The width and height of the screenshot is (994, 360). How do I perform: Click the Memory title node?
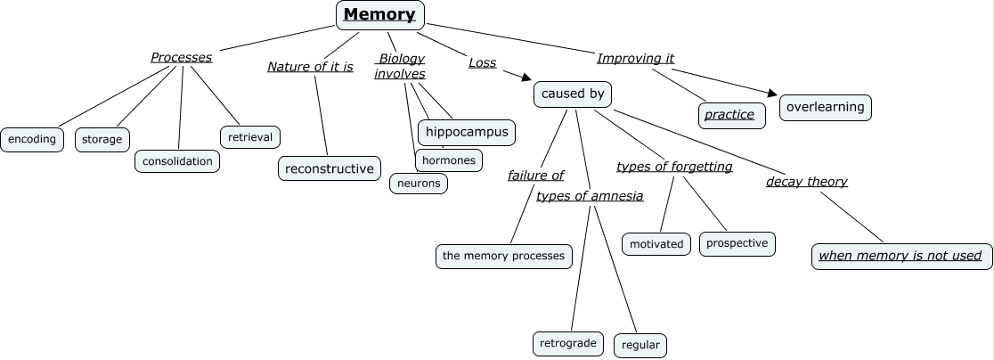(380, 14)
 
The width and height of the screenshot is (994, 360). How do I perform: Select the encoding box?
(32, 139)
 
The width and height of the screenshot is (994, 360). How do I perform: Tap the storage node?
(102, 139)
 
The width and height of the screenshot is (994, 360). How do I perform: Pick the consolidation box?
(177, 161)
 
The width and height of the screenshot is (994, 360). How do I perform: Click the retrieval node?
(250, 136)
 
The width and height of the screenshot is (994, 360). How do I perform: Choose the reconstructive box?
(330, 168)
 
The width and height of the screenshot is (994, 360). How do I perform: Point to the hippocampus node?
(467, 132)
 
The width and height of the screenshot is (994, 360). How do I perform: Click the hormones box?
(449, 160)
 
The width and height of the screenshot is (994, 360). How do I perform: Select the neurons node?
(419, 183)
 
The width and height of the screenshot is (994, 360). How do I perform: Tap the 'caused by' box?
(573, 94)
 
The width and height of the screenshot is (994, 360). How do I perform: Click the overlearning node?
(826, 107)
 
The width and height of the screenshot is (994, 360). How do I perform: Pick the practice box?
(730, 114)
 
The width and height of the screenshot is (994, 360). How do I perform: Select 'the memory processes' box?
(503, 256)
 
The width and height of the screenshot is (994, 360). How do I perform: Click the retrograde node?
(568, 343)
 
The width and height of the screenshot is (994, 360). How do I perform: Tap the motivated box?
(656, 243)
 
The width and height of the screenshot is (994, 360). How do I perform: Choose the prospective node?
(737, 242)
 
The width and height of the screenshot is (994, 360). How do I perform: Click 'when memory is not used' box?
(900, 256)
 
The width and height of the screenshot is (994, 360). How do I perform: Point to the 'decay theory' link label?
(806, 182)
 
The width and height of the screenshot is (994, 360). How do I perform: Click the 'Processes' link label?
(181, 57)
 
